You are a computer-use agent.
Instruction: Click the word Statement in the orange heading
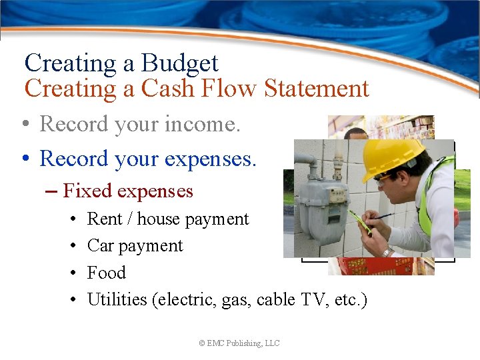pos(316,88)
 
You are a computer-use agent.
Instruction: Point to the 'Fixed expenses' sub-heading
pos(127,191)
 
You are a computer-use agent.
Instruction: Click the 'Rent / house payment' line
pos(167,219)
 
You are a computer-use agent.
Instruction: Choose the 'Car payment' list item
pos(135,245)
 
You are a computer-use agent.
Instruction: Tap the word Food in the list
pos(106,273)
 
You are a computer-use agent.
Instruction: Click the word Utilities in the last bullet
pos(117,299)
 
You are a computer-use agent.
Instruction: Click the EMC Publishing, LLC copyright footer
pos(239,343)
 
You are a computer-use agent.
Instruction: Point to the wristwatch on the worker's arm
pos(387,251)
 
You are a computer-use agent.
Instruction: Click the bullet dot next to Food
pos(71,273)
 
